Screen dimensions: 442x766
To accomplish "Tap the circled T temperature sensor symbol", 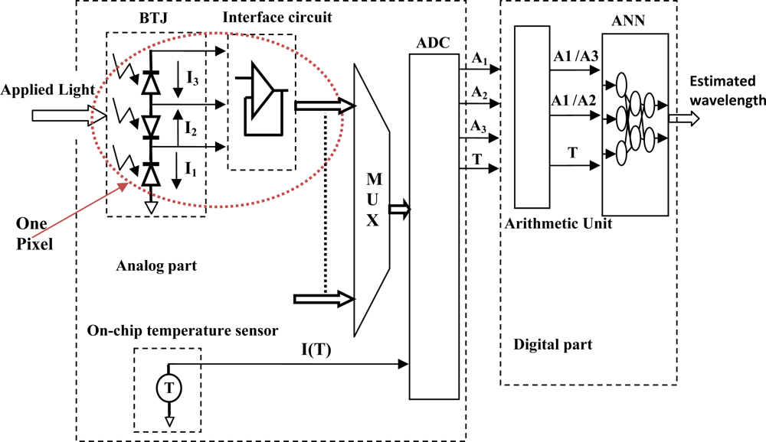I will (x=169, y=388).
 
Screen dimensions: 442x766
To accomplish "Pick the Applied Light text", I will (x=44, y=90).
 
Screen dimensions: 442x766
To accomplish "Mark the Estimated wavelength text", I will (x=726, y=91).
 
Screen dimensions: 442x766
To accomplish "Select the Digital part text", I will (x=553, y=345).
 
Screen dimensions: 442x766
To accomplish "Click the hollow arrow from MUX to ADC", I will (x=400, y=208).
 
